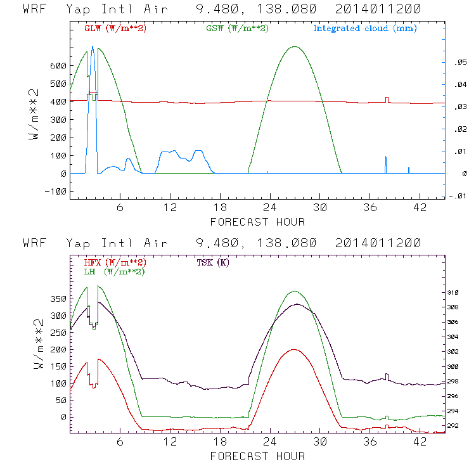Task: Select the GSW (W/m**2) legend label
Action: point(236,29)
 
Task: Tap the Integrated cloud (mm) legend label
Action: point(365,29)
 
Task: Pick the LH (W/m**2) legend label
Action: point(115,271)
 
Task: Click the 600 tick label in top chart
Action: point(58,66)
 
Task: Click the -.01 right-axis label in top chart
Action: point(455,196)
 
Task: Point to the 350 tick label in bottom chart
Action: point(58,298)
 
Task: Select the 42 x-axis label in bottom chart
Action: point(420,442)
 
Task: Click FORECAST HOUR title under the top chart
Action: point(257,222)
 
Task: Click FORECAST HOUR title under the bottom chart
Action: point(257,456)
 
